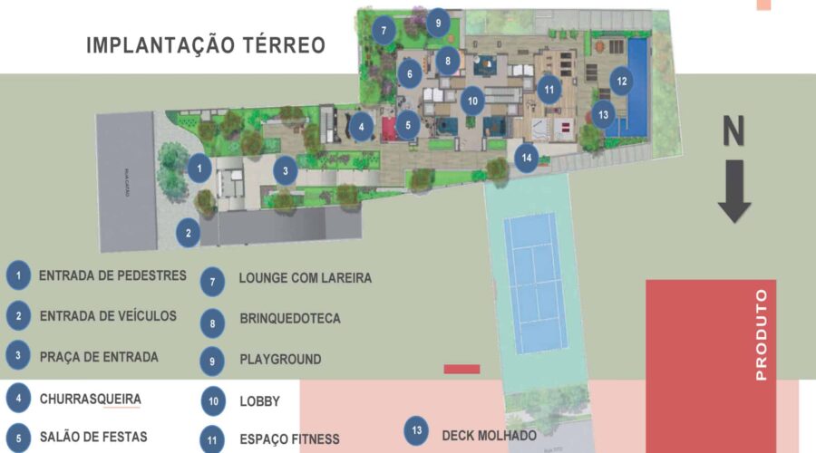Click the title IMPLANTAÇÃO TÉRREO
(206, 45)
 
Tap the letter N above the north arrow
(733, 132)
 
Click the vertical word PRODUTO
(761, 333)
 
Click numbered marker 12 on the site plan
(621, 82)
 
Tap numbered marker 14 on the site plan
(527, 158)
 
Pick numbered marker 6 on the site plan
(409, 73)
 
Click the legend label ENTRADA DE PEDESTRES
(112, 275)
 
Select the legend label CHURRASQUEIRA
(90, 398)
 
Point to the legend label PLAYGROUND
(280, 360)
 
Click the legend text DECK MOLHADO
(489, 435)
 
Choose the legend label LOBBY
(259, 401)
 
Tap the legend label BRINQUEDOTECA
(290, 319)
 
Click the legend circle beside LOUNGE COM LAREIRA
(212, 281)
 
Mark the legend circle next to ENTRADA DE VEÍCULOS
(17, 316)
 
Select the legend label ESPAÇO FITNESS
(289, 439)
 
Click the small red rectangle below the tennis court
(462, 369)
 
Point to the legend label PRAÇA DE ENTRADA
(99, 357)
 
